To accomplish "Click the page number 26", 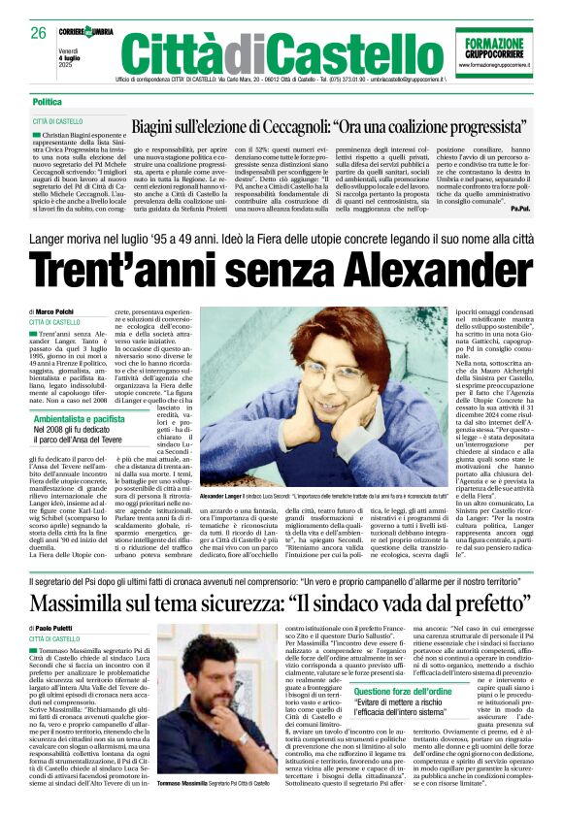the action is [x=39, y=32].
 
